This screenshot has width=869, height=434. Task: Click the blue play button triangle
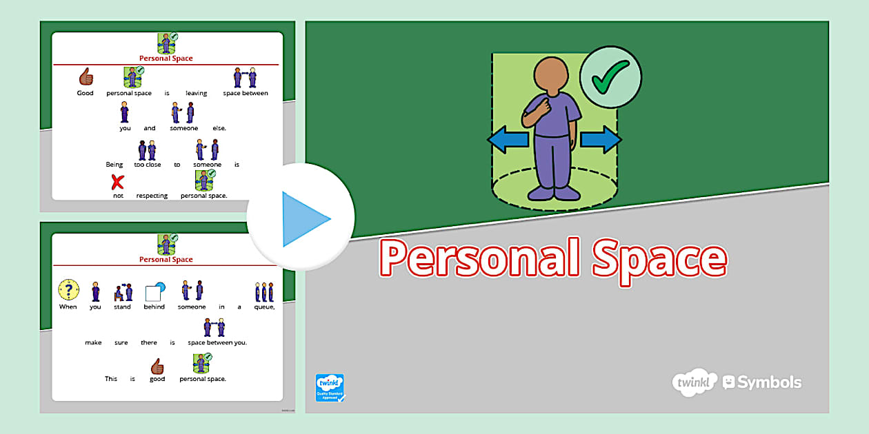[303, 219]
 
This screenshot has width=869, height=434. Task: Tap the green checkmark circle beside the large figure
[610, 77]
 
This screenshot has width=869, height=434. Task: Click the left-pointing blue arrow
[508, 140]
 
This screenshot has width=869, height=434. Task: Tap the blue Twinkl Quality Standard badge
[329, 388]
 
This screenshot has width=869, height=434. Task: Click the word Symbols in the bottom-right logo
[770, 382]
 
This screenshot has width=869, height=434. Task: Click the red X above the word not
[118, 182]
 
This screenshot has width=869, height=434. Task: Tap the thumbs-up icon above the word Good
[86, 76]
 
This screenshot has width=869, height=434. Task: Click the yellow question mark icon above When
[68, 290]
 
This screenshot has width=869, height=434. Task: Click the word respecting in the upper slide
[152, 196]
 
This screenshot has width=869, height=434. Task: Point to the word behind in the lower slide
[154, 307]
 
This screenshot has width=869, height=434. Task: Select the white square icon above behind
[153, 293]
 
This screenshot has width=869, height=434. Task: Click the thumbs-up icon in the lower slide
[157, 365]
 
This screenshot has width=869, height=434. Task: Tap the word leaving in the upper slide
[197, 93]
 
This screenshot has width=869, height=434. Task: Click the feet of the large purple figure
[551, 194]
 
